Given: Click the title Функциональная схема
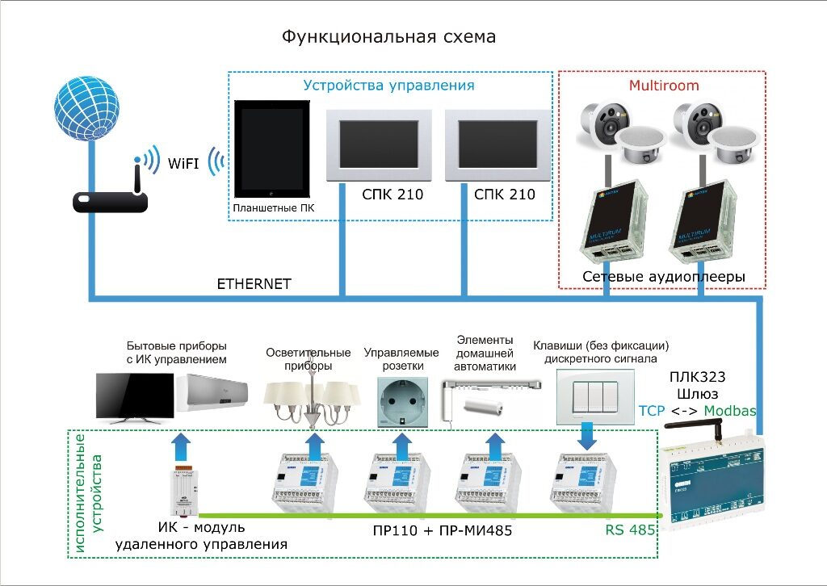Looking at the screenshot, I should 388,37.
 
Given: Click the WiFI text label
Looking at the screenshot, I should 183,163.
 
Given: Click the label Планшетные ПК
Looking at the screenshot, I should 274,208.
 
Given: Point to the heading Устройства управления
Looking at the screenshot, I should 388,85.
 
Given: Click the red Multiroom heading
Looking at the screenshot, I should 664,85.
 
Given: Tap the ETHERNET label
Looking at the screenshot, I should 254,284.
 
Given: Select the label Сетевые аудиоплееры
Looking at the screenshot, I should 663,277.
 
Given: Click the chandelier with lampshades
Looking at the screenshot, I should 312,400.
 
